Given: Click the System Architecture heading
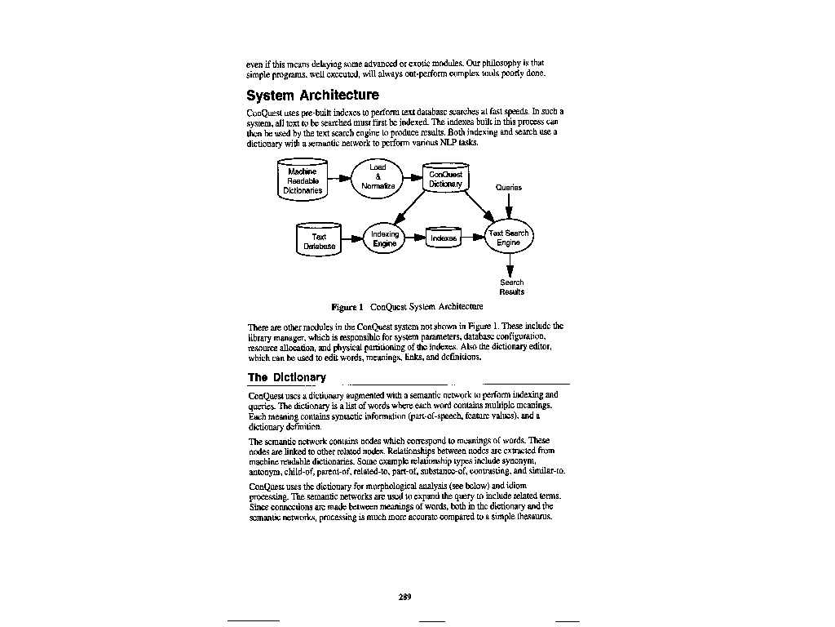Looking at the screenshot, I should point(312,96).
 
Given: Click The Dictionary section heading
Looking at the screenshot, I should point(286,377).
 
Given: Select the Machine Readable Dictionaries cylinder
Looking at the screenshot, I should point(303,180).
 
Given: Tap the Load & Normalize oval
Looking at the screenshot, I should point(378,177).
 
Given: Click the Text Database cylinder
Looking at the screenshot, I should point(319,241).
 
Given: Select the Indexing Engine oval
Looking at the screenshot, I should point(385,238).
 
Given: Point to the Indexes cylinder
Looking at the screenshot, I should point(444,238).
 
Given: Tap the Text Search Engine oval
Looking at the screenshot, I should point(509,238).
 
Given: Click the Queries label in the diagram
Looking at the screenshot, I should point(509,187).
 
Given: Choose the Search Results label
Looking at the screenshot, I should point(511,287).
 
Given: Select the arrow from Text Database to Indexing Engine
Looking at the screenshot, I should point(351,239).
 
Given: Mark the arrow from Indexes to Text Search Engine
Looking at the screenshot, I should point(473,238).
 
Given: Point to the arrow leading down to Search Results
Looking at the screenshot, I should point(510,265).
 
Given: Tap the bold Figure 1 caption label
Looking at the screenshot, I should point(347,307).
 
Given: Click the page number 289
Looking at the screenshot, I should point(404,597).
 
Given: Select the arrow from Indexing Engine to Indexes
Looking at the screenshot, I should point(416,238).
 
